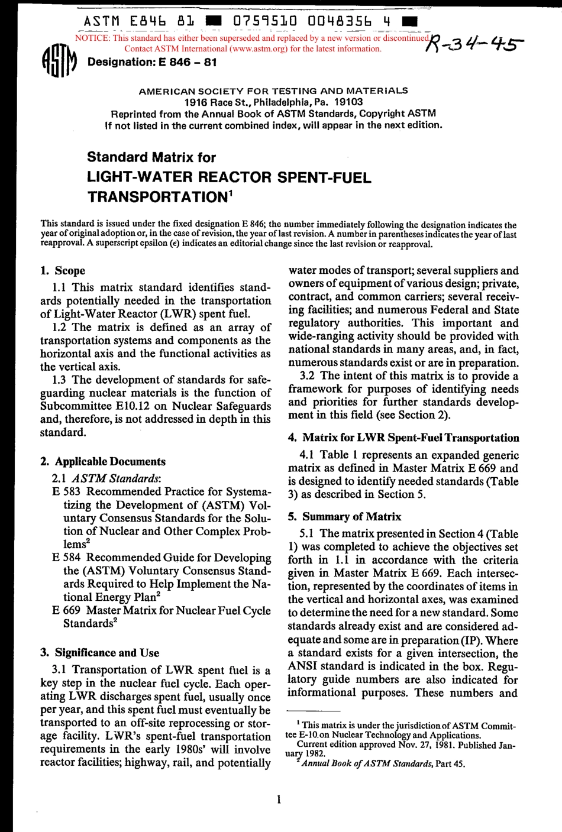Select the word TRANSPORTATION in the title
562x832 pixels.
pyautogui.click(x=156, y=197)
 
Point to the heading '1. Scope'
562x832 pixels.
pyautogui.click(x=63, y=271)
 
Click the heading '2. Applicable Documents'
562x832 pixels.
pyautogui.click(x=103, y=462)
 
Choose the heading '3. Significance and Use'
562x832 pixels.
pyautogui.click(x=99, y=653)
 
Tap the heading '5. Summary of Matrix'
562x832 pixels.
pyautogui.click(x=344, y=517)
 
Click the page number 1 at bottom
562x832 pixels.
pyautogui.click(x=279, y=800)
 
